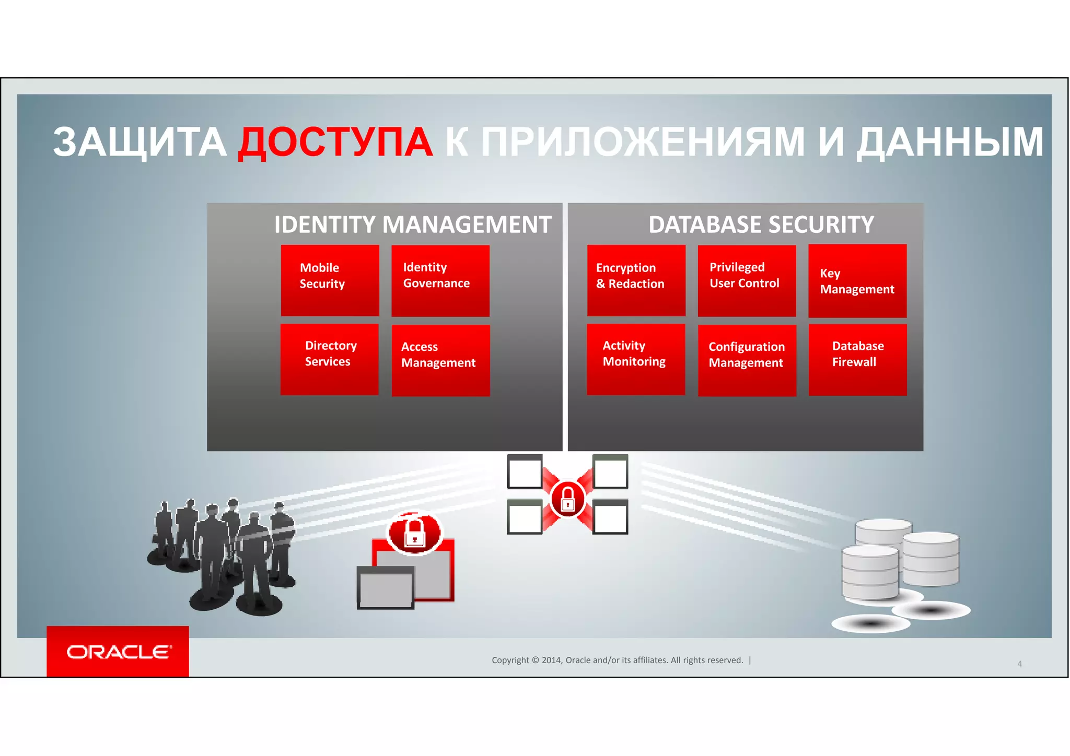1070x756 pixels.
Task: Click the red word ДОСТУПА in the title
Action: pos(335,143)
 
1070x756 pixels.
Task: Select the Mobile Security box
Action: pos(330,280)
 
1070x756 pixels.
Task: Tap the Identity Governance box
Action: pos(440,280)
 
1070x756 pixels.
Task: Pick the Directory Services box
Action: pos(329,359)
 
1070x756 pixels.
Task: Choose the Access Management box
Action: pos(440,360)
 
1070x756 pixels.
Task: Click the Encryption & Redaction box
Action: pos(636,280)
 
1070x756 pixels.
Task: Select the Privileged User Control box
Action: pos(747,280)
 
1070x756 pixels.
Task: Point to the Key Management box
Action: pos(857,281)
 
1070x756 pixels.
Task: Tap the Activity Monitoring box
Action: pos(635,359)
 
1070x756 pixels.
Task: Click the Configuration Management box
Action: pos(747,360)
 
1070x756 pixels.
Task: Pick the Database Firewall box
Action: pos(857,360)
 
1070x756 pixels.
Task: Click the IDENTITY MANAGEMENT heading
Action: pos(413,225)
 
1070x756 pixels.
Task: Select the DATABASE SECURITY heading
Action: pos(761,225)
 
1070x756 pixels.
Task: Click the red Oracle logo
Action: pos(118,652)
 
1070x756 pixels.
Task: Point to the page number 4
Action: pos(1019,664)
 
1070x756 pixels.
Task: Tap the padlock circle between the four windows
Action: pos(567,499)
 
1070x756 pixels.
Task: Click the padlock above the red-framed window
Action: pos(414,533)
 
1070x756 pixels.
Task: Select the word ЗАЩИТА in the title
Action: pos(139,143)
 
